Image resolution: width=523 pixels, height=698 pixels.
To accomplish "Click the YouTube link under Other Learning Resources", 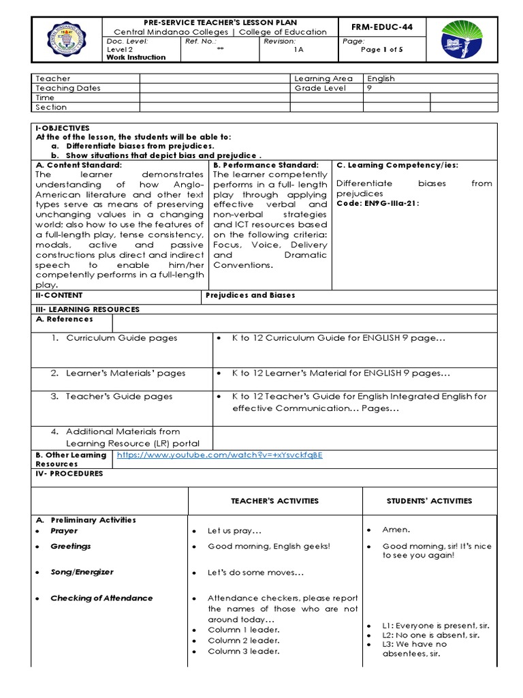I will pyautogui.click(x=219, y=455).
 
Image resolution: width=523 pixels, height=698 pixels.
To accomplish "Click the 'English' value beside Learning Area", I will pyautogui.click(x=381, y=78).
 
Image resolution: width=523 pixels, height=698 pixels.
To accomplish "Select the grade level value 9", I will pyautogui.click(x=370, y=88).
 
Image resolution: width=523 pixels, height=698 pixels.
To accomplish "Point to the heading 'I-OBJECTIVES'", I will pyautogui.click(x=62, y=127).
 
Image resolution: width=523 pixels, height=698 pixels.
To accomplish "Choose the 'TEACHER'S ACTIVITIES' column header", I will pyautogui.click(x=274, y=501).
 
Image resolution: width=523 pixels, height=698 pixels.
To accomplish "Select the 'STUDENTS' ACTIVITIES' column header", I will pyautogui.click(x=429, y=501).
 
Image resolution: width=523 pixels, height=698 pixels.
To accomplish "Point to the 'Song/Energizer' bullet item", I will pyautogui.click(x=82, y=572).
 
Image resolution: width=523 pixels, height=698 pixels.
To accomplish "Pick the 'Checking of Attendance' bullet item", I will pyautogui.click(x=101, y=598).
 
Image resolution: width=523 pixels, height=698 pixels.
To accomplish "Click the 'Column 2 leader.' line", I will pyautogui.click(x=243, y=640).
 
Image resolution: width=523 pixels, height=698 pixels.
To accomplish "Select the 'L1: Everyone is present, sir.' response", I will pyautogui.click(x=436, y=625).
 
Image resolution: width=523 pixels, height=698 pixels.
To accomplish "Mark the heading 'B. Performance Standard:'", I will pyautogui.click(x=266, y=165).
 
